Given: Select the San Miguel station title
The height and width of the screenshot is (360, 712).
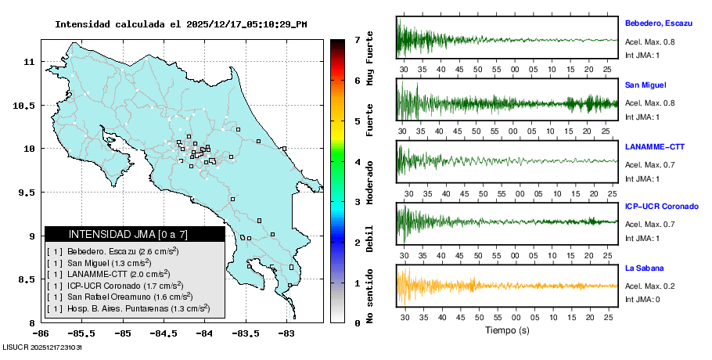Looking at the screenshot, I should (645, 85).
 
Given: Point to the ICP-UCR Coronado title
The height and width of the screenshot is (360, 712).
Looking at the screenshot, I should (661, 207).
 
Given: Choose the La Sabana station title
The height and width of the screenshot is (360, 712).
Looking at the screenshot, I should (643, 268).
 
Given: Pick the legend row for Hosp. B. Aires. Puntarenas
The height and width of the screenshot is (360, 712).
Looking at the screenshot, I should (130, 308).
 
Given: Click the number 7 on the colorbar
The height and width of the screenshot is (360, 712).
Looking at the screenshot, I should (356, 39).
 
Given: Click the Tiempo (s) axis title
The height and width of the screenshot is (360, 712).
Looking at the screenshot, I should (507, 330).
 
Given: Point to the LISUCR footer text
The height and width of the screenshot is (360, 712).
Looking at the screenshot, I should (42, 347).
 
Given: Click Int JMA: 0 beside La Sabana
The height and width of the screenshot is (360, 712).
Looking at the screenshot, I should (642, 299).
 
